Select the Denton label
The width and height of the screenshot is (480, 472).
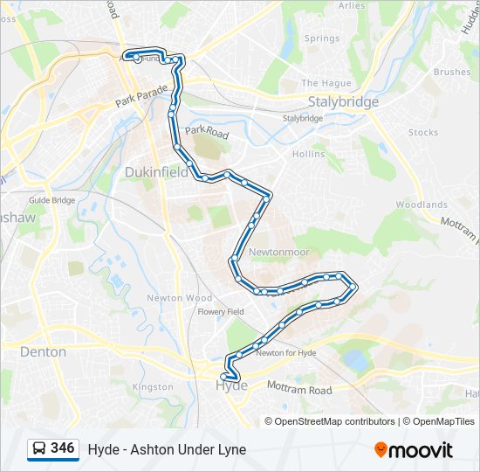(x=42, y=351)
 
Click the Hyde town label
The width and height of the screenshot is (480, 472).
(x=230, y=385)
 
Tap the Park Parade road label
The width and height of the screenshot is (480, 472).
(x=141, y=96)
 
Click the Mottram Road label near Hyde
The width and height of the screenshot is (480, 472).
(x=298, y=390)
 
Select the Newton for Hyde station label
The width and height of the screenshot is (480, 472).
(x=285, y=353)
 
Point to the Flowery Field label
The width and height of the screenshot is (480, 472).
(x=221, y=311)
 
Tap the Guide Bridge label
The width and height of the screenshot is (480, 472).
(x=51, y=200)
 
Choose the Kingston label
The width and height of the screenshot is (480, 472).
(x=153, y=386)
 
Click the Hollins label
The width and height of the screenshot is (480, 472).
(x=308, y=154)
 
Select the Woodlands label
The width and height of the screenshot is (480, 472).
(x=422, y=205)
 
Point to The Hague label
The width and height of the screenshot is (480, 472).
(x=326, y=83)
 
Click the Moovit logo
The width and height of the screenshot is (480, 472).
(x=414, y=450)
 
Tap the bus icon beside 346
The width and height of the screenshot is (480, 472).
(x=39, y=449)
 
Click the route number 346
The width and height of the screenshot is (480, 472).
(x=63, y=448)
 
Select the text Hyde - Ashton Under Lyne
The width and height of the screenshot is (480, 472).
(x=167, y=449)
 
